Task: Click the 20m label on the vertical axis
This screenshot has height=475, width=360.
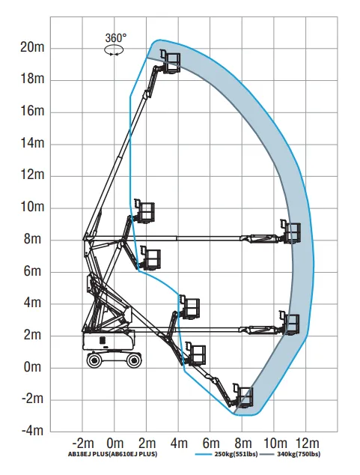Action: point(32,47)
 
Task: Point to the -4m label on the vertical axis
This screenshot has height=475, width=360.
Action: point(32,430)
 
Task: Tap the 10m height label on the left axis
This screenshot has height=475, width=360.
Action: point(32,207)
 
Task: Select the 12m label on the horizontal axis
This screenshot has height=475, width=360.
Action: point(307,444)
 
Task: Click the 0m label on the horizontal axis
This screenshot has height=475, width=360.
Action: point(115,444)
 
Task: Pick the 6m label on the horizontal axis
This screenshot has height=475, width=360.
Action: point(211,444)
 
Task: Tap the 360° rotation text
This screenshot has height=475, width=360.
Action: point(116,38)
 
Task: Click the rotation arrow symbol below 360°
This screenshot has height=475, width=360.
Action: point(114,50)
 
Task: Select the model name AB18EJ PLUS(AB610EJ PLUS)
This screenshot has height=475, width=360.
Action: point(112,454)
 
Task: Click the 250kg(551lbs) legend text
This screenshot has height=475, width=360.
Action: point(236,454)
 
